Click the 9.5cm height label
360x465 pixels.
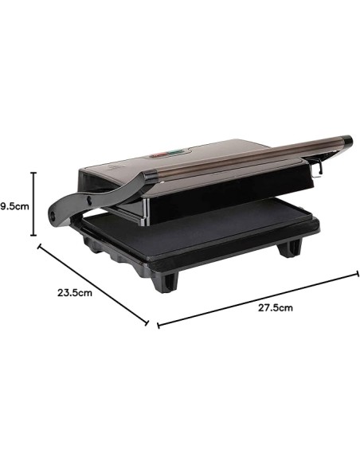click(14, 205)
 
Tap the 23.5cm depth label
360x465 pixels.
click(76, 292)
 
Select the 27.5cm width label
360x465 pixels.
click(275, 307)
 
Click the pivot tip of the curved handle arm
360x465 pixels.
click(53, 213)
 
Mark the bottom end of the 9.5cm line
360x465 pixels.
click(33, 236)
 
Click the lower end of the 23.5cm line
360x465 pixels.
click(148, 324)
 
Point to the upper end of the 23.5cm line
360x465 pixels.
click(37, 246)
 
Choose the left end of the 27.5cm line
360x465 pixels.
click(158, 326)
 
